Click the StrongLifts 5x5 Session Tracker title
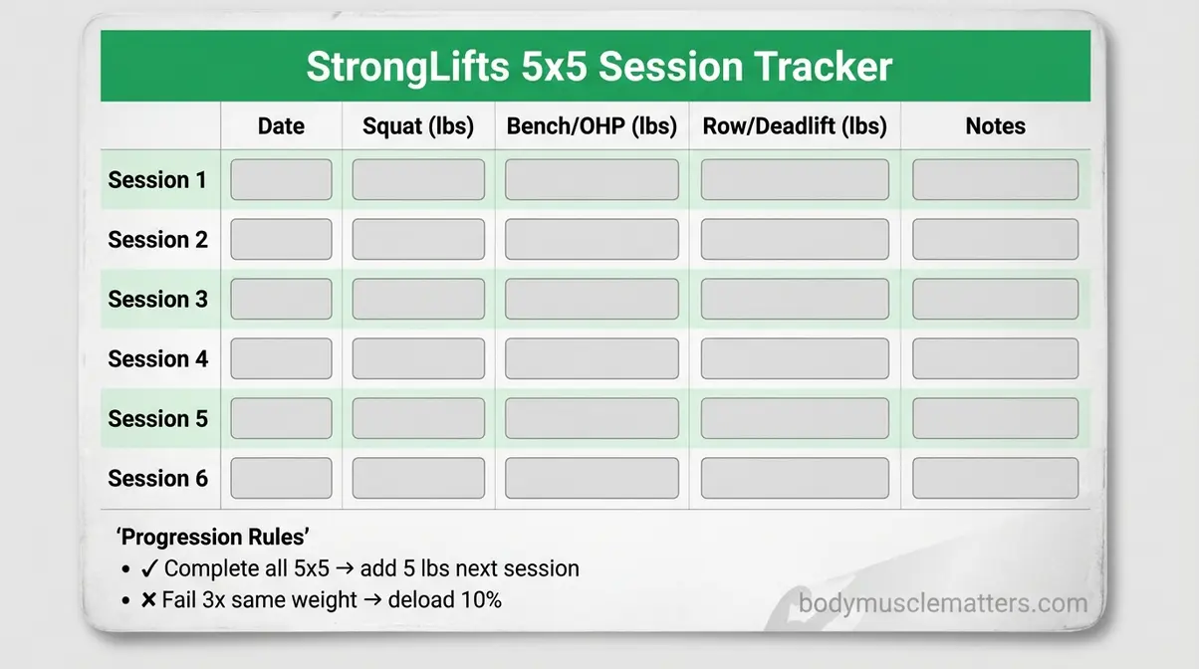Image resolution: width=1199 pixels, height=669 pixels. point(599,67)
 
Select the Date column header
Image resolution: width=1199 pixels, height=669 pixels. point(281,126)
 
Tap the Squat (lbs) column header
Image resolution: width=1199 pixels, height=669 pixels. point(418,126)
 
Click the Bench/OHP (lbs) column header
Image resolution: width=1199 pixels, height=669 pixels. point(592,126)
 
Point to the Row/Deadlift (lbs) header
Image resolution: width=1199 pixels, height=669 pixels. point(795,126)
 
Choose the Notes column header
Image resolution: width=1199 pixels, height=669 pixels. point(995,126)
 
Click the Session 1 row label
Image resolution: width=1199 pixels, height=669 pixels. point(157,180)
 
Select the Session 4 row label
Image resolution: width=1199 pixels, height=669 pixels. point(157,359)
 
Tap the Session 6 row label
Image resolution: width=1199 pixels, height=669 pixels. point(157,479)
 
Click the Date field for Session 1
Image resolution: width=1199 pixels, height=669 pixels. point(281,180)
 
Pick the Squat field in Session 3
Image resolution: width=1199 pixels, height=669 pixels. point(418,299)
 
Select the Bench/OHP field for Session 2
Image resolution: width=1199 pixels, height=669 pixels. point(592,240)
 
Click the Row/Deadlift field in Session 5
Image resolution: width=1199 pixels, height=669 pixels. point(795,418)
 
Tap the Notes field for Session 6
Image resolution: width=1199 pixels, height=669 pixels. point(995,478)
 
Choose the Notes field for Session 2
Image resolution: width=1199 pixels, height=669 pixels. point(995,240)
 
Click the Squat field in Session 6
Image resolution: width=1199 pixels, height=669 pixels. point(418,478)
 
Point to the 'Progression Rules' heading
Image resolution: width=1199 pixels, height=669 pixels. point(213,537)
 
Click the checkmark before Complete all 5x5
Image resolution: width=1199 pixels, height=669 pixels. point(149,568)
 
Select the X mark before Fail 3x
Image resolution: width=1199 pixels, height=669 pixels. point(149,600)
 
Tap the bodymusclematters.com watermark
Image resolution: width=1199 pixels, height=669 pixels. point(942,603)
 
